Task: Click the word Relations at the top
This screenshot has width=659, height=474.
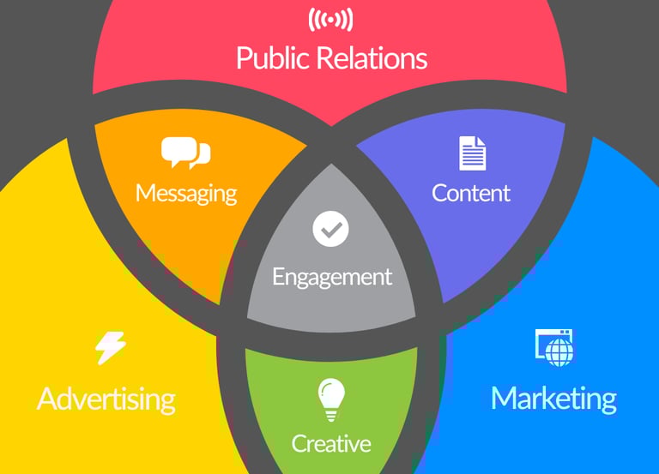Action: tap(372, 58)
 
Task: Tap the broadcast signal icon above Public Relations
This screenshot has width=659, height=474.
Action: tap(331, 19)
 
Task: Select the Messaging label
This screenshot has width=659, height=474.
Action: tap(185, 192)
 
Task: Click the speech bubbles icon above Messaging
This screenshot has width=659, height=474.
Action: tap(185, 153)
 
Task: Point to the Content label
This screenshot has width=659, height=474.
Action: tap(471, 193)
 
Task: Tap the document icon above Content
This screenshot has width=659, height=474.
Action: tap(472, 153)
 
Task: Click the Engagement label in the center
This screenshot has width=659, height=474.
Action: tap(331, 277)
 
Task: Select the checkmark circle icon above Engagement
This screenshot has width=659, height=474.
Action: tap(331, 230)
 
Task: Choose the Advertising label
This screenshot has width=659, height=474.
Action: tap(106, 399)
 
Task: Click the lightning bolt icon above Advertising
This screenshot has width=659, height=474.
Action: tap(110, 348)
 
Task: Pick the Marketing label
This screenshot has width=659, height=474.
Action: tap(553, 399)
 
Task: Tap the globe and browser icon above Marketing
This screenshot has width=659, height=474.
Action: tap(554, 347)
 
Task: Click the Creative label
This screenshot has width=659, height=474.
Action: tap(331, 443)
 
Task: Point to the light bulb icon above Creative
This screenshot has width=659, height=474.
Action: tap(331, 399)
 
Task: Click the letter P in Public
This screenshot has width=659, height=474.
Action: tap(243, 58)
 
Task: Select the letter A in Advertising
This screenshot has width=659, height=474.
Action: tap(48, 399)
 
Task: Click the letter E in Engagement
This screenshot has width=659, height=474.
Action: tap(278, 277)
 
